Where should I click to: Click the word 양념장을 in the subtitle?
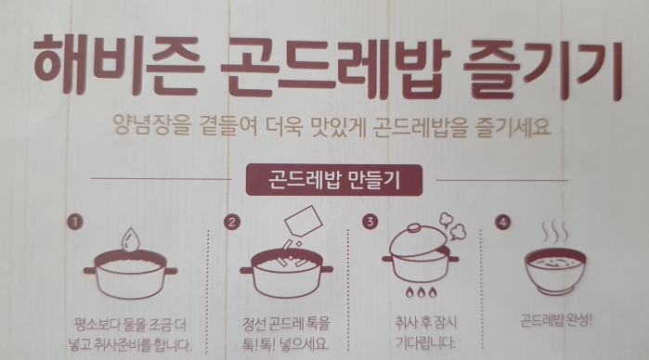pos(151,125)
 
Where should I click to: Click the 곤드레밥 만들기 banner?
pos(334,180)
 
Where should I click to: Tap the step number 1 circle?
pos(75,222)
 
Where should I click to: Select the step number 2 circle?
pos(232,222)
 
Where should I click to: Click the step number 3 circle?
pos(370,222)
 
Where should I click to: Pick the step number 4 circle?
pos(502,223)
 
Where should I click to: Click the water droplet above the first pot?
pos(130,239)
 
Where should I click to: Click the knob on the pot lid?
pos(414,228)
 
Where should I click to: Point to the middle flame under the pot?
pos(421,291)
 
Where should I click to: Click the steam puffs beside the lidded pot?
pos(453,226)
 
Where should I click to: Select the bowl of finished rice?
pos(555,271)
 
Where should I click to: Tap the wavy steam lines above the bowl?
pos(555,233)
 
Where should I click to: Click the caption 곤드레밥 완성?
pos(556,320)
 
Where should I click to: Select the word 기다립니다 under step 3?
pos(425,342)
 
